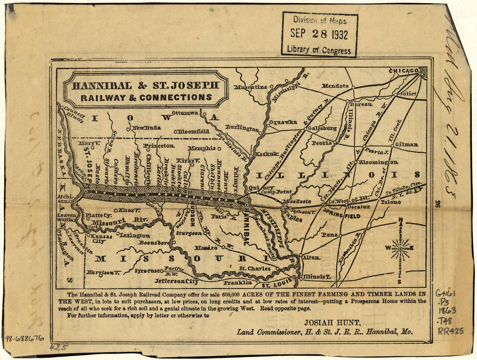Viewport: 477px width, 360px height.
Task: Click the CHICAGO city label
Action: tap(403, 71)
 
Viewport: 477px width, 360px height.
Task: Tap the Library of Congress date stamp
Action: tap(320, 34)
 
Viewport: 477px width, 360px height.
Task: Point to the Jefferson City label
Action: tap(175, 281)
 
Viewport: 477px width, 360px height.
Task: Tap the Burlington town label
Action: tap(242, 128)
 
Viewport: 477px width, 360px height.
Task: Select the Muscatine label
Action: tap(251, 87)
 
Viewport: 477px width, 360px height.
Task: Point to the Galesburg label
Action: tap(322, 128)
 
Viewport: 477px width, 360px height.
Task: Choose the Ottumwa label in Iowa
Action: tap(185, 113)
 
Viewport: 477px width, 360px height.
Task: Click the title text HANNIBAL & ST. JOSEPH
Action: tap(146, 85)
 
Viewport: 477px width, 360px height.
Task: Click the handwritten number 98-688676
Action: tap(25, 338)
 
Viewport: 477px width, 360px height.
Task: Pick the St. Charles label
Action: tap(255, 269)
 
